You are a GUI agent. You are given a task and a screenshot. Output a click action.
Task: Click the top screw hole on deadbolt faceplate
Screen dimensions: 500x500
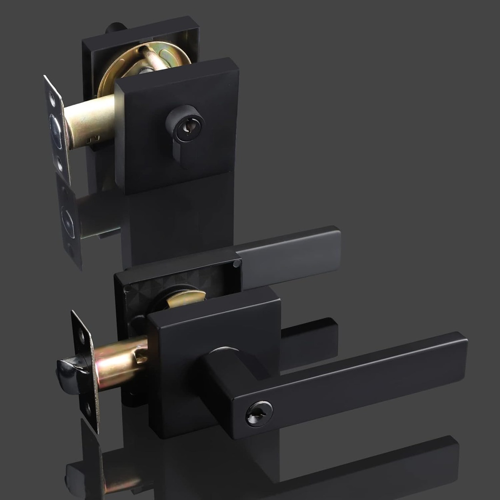tap(52, 99)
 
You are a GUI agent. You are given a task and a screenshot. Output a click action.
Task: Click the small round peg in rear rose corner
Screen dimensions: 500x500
tap(237, 264)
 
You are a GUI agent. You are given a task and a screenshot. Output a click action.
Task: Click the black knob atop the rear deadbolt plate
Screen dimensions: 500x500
tap(115, 27)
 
